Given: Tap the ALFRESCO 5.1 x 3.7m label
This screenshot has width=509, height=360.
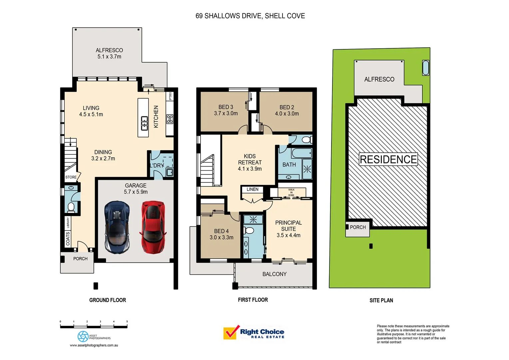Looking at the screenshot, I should click(x=109, y=53).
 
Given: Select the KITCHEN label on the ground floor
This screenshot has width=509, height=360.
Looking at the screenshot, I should click(x=156, y=117).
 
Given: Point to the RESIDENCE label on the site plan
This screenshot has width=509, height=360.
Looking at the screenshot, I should click(x=388, y=159).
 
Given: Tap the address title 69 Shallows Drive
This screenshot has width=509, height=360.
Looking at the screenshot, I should click(x=250, y=16).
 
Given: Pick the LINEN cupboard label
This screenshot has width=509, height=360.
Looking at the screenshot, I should click(x=252, y=189).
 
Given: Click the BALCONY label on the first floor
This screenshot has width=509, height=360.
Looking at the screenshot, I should click(x=274, y=274).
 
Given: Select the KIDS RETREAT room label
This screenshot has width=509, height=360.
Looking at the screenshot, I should click(x=250, y=162).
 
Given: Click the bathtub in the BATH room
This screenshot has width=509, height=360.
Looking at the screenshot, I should click(x=301, y=153).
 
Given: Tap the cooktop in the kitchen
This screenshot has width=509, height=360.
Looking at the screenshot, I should click(x=170, y=119).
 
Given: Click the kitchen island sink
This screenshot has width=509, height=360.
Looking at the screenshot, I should click(x=144, y=123).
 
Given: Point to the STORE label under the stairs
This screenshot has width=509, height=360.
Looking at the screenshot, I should click(x=71, y=177).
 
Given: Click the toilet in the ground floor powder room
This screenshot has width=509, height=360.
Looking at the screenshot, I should click(x=71, y=207).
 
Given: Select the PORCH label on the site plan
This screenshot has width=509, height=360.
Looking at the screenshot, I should click(x=358, y=227).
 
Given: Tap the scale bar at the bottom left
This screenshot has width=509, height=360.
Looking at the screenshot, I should click(x=94, y=326).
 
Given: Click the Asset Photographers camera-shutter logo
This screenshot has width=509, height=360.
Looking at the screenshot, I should click(x=83, y=336).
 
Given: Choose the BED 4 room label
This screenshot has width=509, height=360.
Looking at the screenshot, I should click(x=221, y=234).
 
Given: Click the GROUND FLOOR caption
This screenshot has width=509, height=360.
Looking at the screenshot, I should click(x=108, y=300).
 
